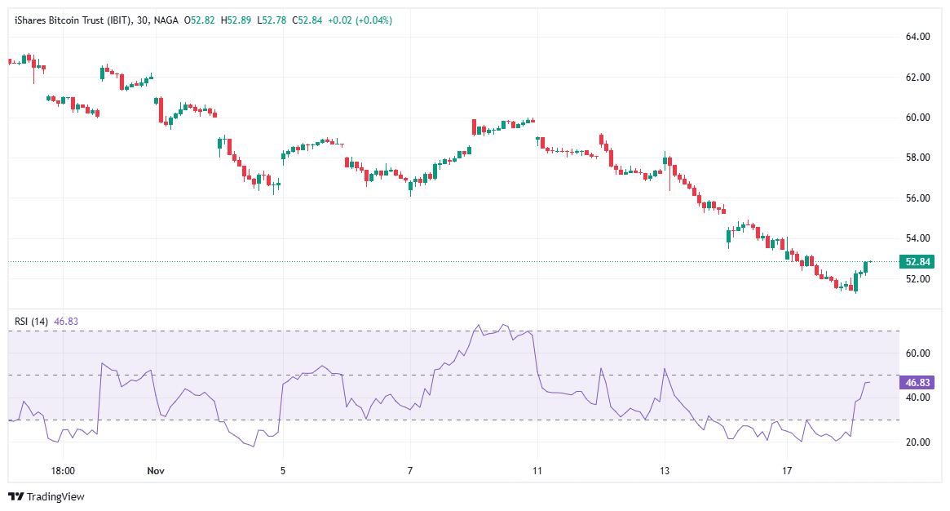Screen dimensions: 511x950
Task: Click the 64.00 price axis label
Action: pos(917,37)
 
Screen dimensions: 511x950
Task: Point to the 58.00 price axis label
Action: pos(917,158)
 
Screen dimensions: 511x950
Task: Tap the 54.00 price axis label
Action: pos(917,238)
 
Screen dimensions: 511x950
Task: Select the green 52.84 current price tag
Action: pos(915,262)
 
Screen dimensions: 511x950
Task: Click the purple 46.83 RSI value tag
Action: pos(915,382)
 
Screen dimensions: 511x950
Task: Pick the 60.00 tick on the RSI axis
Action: pos(917,353)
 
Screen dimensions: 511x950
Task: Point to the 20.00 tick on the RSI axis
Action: pos(917,442)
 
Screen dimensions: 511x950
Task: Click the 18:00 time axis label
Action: pos(63,471)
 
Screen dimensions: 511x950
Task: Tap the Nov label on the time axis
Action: pos(156,471)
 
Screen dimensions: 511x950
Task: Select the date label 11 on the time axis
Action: pos(537,471)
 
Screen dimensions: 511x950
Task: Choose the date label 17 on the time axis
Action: pos(788,471)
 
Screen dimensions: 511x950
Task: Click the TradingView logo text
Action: pos(46,496)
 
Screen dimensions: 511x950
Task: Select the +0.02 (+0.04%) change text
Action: pos(360,20)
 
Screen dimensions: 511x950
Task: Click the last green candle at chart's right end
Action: pos(865,267)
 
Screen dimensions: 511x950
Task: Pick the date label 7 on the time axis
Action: pos(410,471)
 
